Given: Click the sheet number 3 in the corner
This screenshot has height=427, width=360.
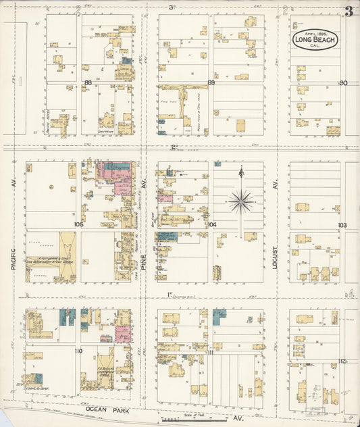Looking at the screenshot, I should pos(349,11).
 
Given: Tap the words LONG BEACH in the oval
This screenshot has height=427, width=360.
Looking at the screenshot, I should pos(311,39).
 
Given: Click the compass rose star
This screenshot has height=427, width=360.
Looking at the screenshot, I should pos(241,200).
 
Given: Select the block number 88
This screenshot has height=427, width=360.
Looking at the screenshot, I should pos(88,82).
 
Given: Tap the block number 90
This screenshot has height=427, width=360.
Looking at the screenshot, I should pos(343,82).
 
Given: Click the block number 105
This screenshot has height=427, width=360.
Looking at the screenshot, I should pos(79,224).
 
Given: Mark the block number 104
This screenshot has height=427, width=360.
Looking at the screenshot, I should pos(212,224).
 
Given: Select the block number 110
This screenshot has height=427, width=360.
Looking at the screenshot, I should pos(78,351).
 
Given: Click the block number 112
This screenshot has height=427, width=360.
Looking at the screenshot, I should pos(342,361).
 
